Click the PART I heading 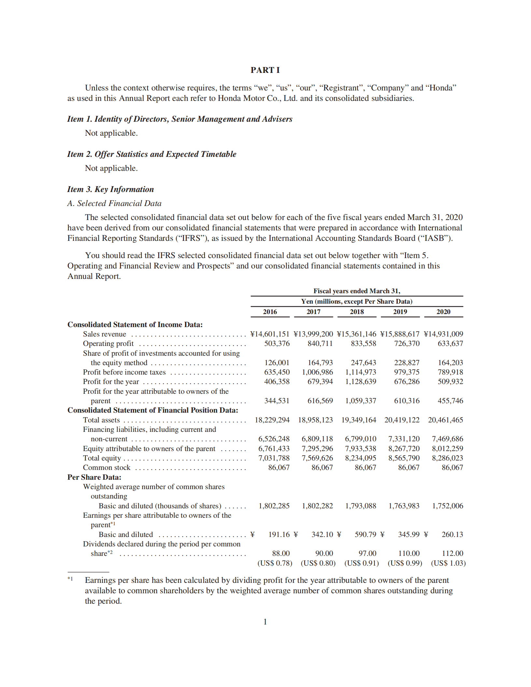click(x=265, y=70)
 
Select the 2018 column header click(x=356, y=311)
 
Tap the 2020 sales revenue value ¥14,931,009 click(x=443, y=334)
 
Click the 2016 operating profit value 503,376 click(x=277, y=343)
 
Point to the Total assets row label click(x=101, y=420)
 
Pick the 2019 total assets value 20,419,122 click(x=402, y=420)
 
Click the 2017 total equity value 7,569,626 click(x=317, y=458)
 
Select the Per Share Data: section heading click(x=94, y=477)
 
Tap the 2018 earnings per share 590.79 click(x=365, y=534)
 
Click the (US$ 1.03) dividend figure click(x=448, y=563)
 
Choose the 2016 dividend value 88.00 click(x=281, y=553)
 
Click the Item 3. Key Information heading click(x=110, y=189)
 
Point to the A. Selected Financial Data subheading click(x=114, y=203)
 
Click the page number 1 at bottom click(x=265, y=622)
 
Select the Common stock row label click(x=106, y=467)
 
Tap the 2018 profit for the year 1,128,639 click(x=360, y=381)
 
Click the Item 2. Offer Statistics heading click(x=152, y=154)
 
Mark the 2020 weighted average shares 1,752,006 click(x=447, y=506)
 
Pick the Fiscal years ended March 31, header click(x=356, y=291)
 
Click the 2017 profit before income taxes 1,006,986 click(x=317, y=372)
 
